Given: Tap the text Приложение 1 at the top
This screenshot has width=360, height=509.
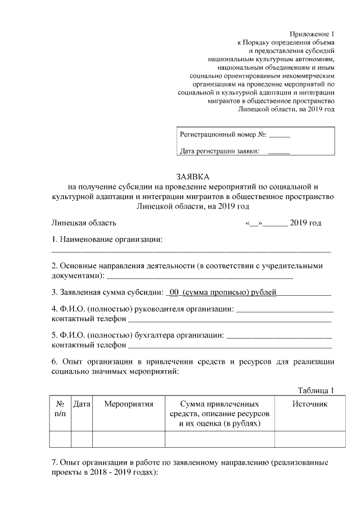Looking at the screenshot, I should click(312, 34).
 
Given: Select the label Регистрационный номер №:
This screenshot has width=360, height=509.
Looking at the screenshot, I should click(223, 136).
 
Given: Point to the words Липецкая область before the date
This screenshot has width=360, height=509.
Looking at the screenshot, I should click(84, 223).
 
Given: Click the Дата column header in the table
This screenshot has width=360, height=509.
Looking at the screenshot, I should click(82, 404).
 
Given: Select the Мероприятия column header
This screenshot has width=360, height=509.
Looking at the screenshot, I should click(129, 404).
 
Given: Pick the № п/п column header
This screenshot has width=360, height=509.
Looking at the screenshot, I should click(61, 409).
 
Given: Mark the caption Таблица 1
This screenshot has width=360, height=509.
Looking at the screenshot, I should click(316, 391).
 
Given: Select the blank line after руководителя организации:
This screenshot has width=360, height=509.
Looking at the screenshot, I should click(284, 310).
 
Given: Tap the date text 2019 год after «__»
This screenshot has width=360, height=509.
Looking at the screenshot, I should click(305, 223).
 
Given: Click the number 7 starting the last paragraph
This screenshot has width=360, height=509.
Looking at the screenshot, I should click(53, 463).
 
